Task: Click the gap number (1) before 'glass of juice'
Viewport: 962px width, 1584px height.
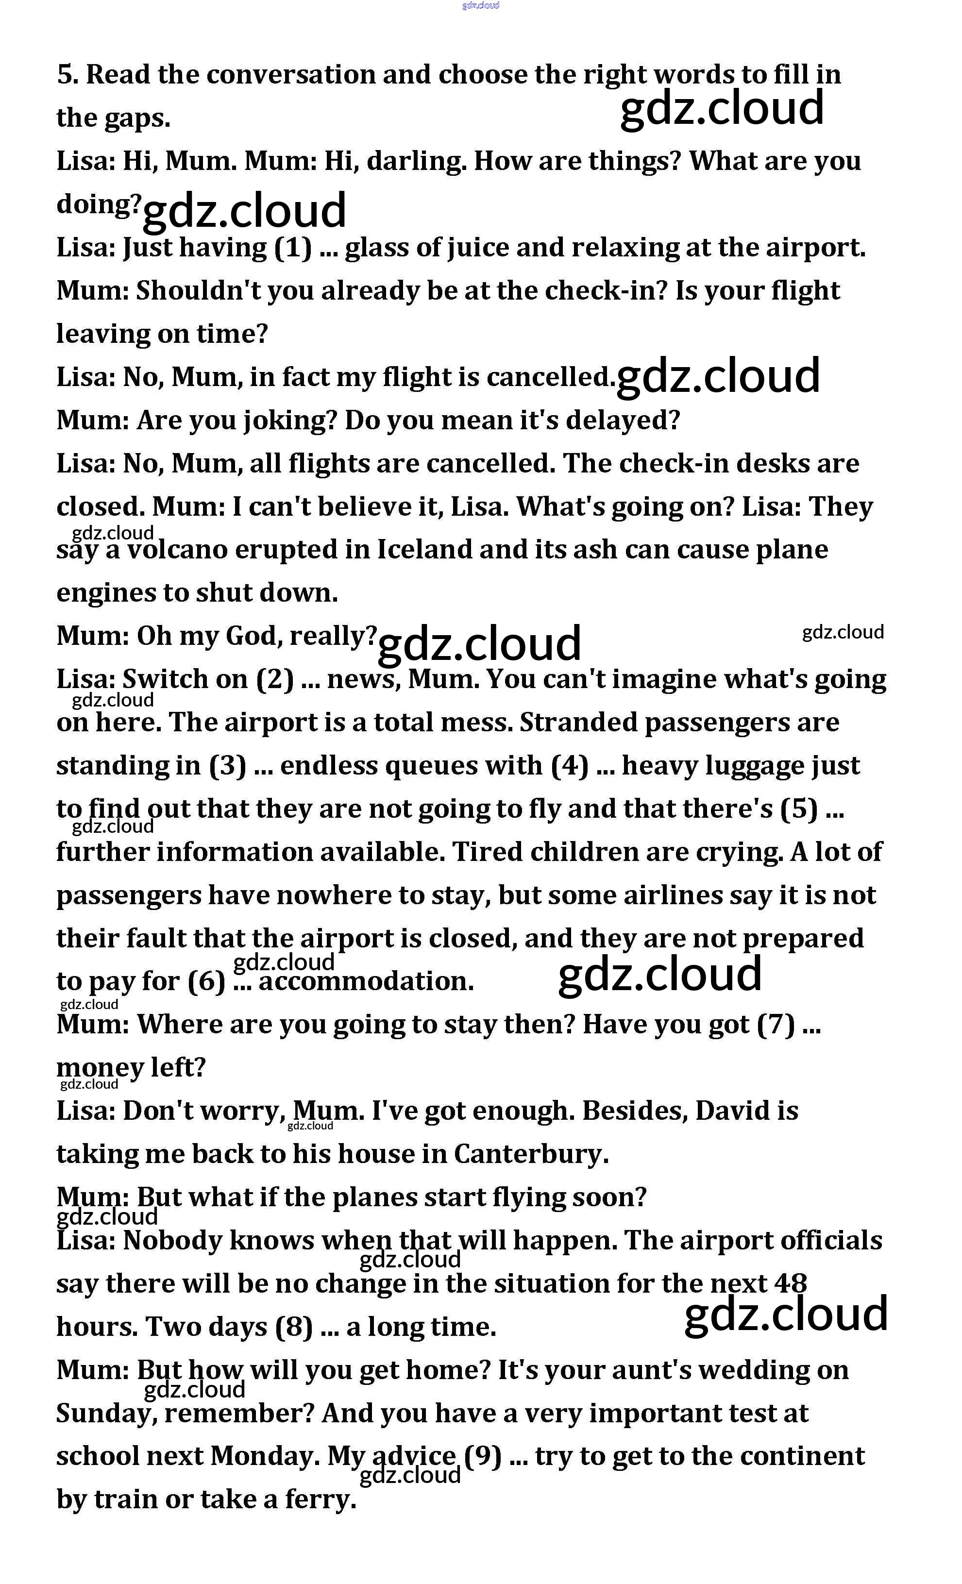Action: [293, 248]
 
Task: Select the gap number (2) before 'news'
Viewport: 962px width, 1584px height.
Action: [275, 679]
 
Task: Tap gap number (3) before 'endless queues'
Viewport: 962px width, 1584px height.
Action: [228, 766]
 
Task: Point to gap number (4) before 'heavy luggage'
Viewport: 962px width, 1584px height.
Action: [570, 766]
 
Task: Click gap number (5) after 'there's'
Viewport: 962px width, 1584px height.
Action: [799, 809]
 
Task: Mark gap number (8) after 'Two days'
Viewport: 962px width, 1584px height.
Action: [294, 1327]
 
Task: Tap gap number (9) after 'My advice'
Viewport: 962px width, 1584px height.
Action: [483, 1456]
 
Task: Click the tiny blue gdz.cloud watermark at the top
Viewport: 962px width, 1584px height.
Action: [480, 6]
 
